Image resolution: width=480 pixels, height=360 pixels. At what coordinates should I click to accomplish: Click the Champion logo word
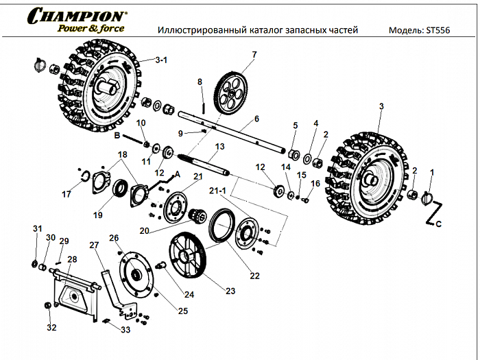coord(76,15)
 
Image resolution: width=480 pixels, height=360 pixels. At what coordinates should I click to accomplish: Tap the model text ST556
coord(436,31)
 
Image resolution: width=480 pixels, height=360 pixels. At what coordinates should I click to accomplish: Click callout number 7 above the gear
coord(254,54)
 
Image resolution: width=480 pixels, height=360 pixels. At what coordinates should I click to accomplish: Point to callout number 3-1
coord(161,60)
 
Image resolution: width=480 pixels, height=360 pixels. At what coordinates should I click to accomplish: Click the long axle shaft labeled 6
coord(233,130)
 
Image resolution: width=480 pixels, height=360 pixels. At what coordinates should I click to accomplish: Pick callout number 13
coord(219,147)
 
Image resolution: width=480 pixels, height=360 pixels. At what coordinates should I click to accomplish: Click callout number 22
coord(254,276)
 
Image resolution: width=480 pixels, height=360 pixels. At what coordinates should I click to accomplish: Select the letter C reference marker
coord(439,224)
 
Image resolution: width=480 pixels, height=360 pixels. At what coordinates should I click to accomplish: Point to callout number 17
coord(67,195)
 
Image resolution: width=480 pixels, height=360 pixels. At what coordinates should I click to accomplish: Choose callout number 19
coord(98,215)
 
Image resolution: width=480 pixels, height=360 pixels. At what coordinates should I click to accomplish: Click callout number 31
coord(37,228)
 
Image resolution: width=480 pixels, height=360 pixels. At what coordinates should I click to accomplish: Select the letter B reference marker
coord(117,136)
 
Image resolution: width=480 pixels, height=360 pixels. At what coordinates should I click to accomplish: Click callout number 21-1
coord(218,190)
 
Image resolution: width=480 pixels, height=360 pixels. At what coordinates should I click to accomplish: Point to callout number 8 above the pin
coord(200,82)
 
